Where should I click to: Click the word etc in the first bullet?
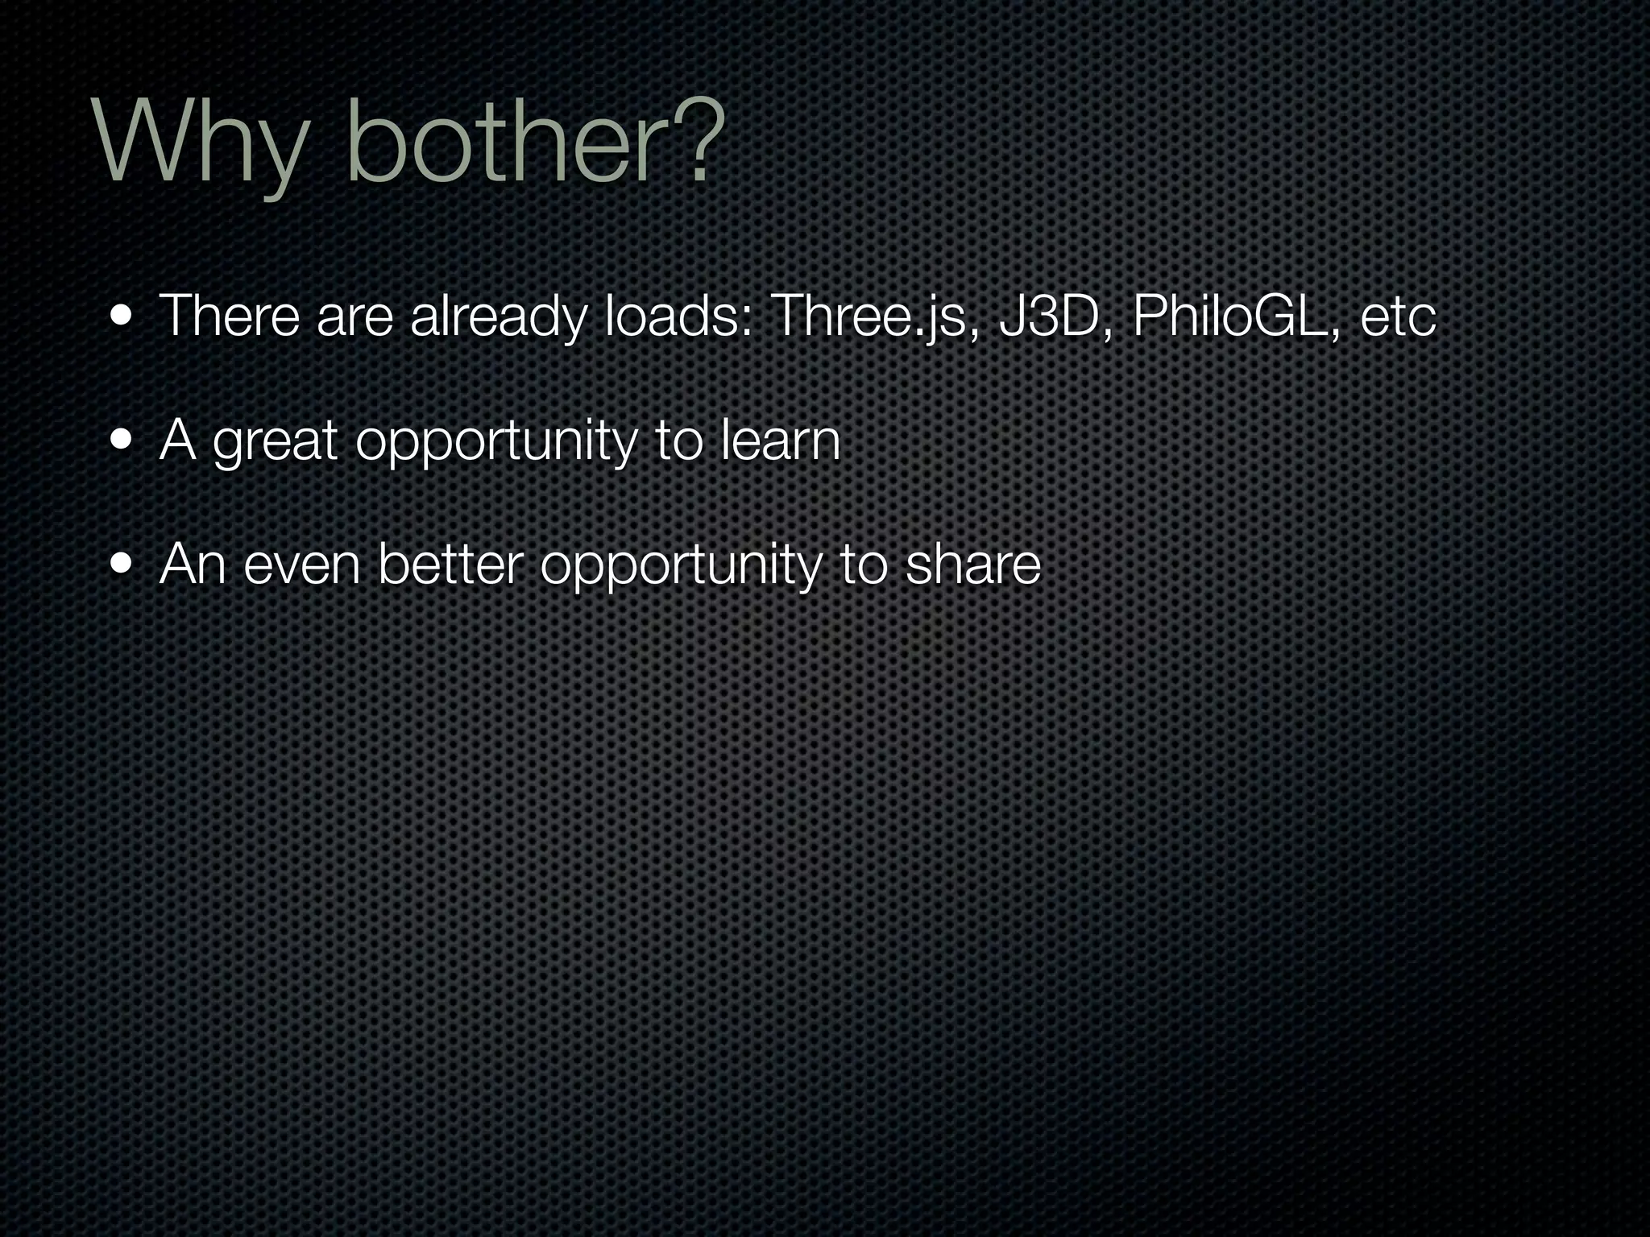1398,316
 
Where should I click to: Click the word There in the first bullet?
230,316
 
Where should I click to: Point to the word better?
450,565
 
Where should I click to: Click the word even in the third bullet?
301,565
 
